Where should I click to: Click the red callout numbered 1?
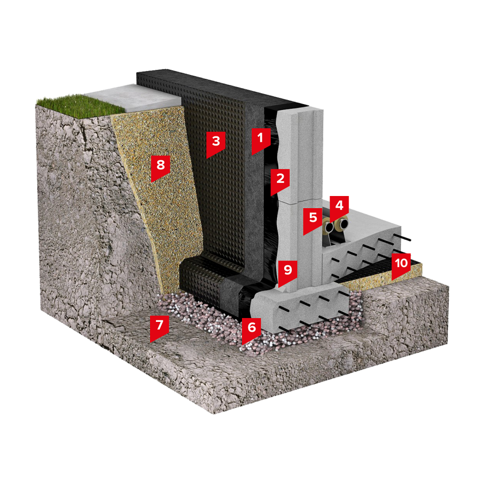[261, 140]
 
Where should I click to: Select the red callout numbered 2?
[280, 181]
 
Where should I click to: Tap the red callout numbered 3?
[216, 144]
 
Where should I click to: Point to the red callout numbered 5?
[313, 220]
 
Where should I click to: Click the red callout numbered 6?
[252, 330]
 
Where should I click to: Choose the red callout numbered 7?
[159, 327]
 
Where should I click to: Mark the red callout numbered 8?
[161, 167]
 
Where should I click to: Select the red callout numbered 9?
[287, 272]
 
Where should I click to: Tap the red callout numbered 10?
[401, 265]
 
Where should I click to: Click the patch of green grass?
[77, 105]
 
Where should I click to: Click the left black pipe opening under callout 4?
[329, 228]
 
